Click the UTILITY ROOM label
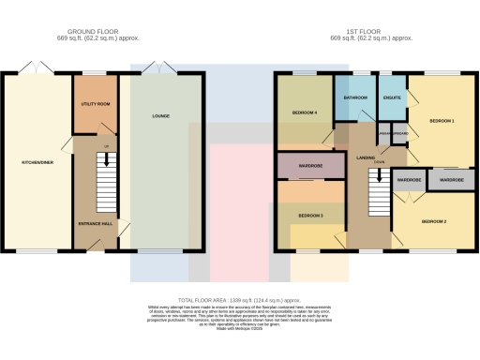click(94, 103)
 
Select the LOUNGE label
click(160, 116)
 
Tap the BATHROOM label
click(354, 97)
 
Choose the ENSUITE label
click(391, 97)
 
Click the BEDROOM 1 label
click(442, 122)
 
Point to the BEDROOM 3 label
click(310, 215)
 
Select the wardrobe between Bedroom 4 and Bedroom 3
click(310, 168)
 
